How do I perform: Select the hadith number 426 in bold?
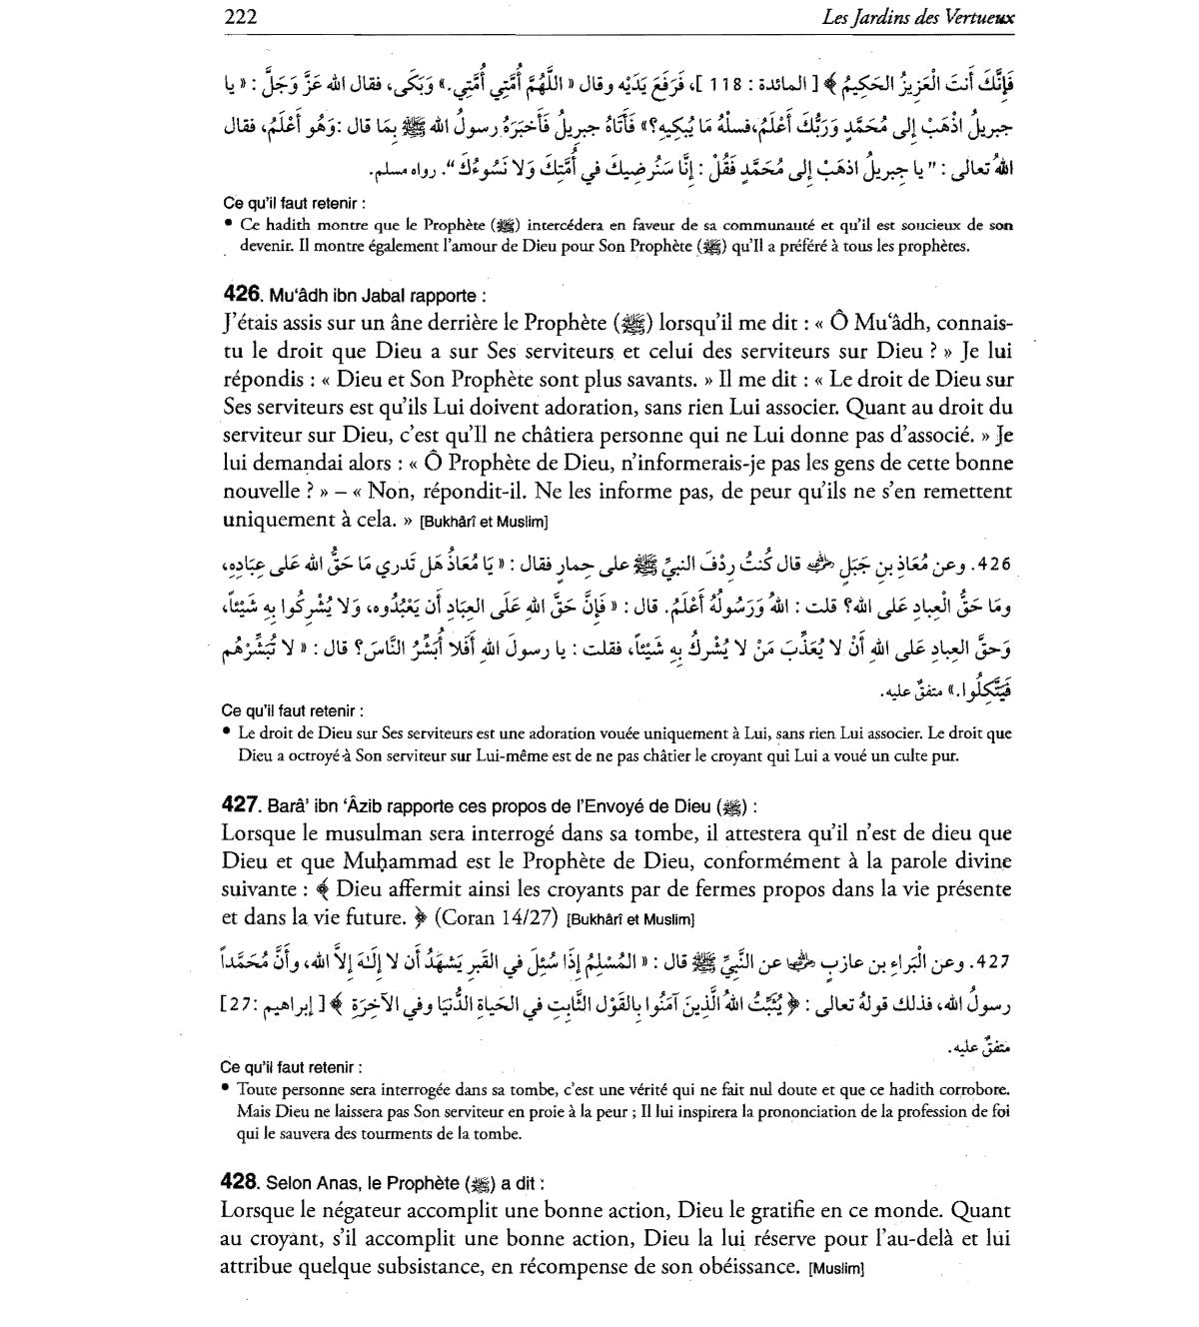pyautogui.click(x=241, y=295)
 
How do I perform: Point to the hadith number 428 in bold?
pyautogui.click(x=241, y=1183)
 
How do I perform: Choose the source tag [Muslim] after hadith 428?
pyautogui.click(x=835, y=1270)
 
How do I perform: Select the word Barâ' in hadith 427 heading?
pyautogui.click(x=287, y=805)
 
